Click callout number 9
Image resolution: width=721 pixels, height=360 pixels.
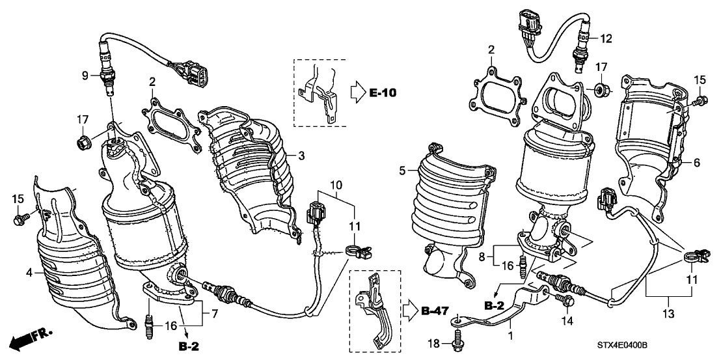[85, 75]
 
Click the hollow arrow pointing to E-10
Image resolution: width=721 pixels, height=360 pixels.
[357, 92]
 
